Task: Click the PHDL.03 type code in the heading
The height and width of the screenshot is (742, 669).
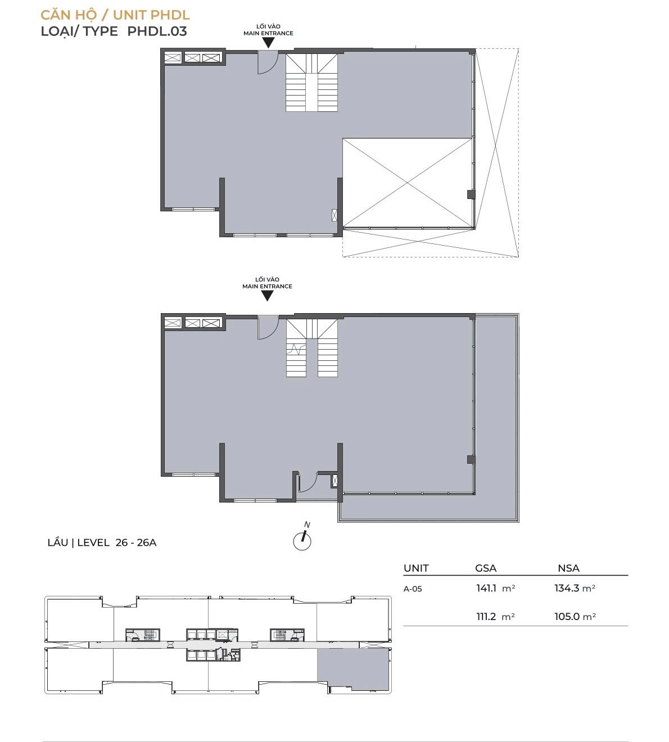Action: pos(157,31)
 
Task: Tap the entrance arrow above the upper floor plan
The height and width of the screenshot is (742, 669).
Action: pos(268,43)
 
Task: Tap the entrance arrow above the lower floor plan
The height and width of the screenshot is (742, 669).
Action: pos(267,296)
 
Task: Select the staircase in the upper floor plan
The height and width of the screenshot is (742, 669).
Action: pos(311,83)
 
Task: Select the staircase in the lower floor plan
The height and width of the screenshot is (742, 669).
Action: pos(312,348)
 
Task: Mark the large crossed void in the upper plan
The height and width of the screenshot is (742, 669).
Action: pos(408,182)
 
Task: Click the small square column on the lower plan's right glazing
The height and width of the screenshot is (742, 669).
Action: pos(471,459)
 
